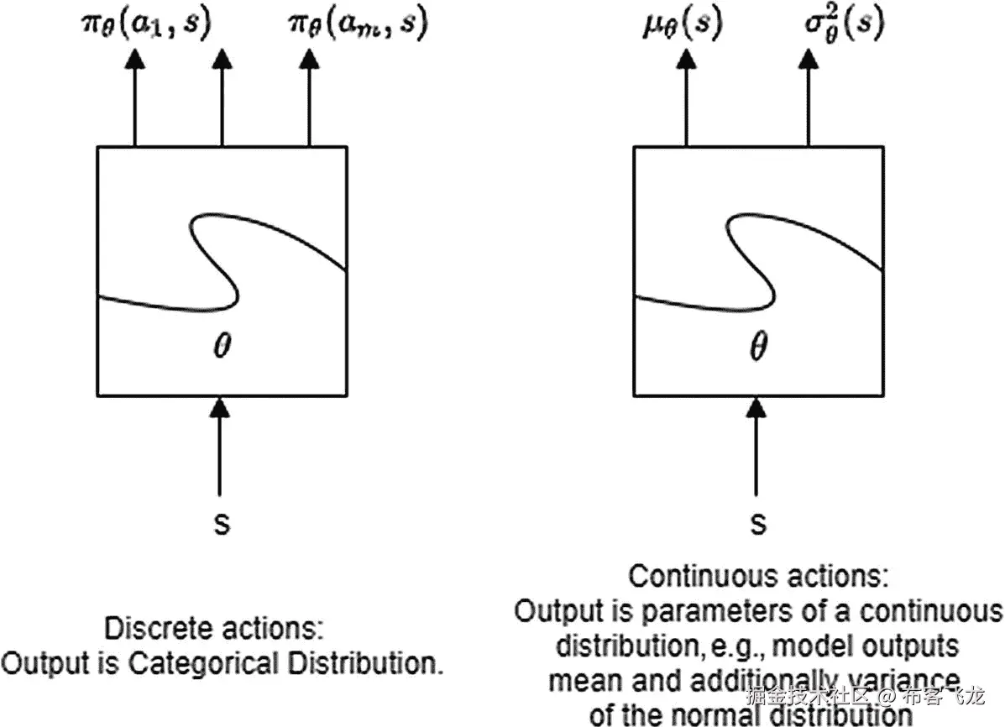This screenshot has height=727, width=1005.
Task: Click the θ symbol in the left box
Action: click(x=221, y=347)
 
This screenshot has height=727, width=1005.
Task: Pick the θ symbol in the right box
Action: click(x=757, y=347)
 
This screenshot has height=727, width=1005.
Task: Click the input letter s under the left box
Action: click(x=221, y=523)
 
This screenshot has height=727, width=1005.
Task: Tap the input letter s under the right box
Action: click(x=758, y=523)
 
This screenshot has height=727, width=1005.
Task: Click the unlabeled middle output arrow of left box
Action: click(x=222, y=97)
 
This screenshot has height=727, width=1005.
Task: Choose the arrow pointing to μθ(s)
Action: click(x=687, y=97)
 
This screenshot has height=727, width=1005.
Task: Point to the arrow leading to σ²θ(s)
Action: click(x=808, y=97)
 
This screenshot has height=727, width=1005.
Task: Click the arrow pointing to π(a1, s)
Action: click(x=134, y=97)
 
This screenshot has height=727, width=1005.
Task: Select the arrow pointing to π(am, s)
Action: click(x=309, y=97)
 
